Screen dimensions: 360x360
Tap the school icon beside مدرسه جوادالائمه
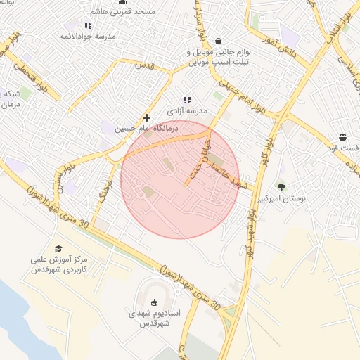pyautogui.click(x=88, y=25)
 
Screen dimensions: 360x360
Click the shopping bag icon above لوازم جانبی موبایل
pyautogui.click(x=218, y=41)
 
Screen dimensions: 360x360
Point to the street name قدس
pyautogui.click(x=143, y=65)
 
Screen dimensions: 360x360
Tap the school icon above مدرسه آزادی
pyautogui.click(x=187, y=100)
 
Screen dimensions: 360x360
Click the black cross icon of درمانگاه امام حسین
pyautogui.click(x=146, y=117)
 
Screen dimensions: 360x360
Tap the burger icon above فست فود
pyautogui.click(x=342, y=137)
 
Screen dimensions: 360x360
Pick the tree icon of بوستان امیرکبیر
pyautogui.click(x=282, y=187)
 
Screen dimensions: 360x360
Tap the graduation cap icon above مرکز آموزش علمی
pyautogui.click(x=58, y=248)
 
